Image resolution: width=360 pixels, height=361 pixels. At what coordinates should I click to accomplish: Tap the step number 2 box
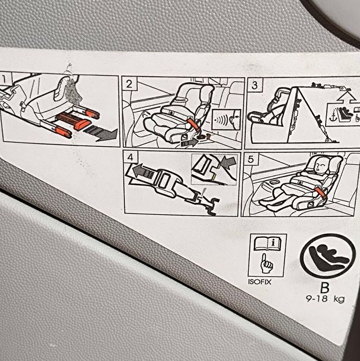(x=129, y=84)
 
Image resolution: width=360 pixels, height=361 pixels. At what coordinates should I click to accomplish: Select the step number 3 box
(x=254, y=85)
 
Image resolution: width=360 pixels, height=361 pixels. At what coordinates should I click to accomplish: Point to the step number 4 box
(x=130, y=157)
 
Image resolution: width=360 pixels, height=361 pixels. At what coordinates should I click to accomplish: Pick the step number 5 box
(x=250, y=159)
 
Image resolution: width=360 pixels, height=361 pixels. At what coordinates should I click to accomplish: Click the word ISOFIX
(x=259, y=282)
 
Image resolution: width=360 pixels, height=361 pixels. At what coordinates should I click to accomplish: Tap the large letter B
(x=325, y=288)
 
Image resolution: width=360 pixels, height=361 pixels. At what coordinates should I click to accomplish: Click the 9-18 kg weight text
(x=325, y=299)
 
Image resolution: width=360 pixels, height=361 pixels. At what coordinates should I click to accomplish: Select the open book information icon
(x=267, y=243)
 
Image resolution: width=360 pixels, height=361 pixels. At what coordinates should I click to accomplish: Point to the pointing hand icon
(x=266, y=264)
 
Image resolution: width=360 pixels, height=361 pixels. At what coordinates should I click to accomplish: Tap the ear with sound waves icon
(x=226, y=120)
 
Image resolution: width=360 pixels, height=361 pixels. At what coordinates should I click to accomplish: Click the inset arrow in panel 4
(x=228, y=161)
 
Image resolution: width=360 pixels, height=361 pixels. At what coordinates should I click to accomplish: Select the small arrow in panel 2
(x=189, y=143)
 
